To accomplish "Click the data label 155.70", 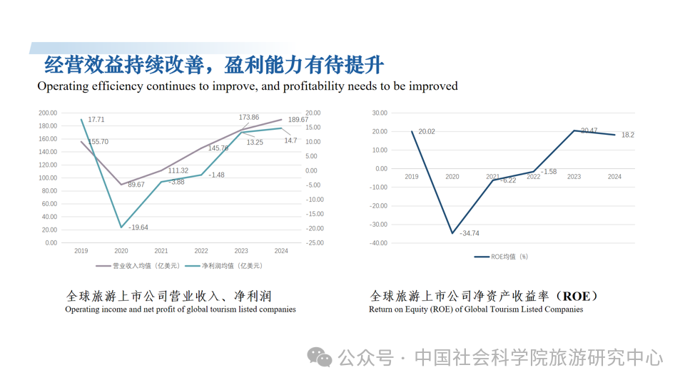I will pos(98,142).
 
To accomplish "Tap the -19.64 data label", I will pos(138,227).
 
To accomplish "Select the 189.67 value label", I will pos(298,120).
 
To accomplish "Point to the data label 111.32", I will pos(178,170).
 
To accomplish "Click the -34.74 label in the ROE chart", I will pos(469,233).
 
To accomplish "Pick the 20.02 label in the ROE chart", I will pos(427,132).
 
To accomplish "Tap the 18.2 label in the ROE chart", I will pos(627,135).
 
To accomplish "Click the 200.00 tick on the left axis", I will pos(48,113).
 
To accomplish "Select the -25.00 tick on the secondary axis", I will pos(314,242).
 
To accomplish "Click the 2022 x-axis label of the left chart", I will pos(201,251).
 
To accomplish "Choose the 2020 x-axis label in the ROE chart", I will pos(452,177).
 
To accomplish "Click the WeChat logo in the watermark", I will pos(320,356).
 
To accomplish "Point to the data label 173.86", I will pos(249,117).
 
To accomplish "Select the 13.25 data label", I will pos(255,142).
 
